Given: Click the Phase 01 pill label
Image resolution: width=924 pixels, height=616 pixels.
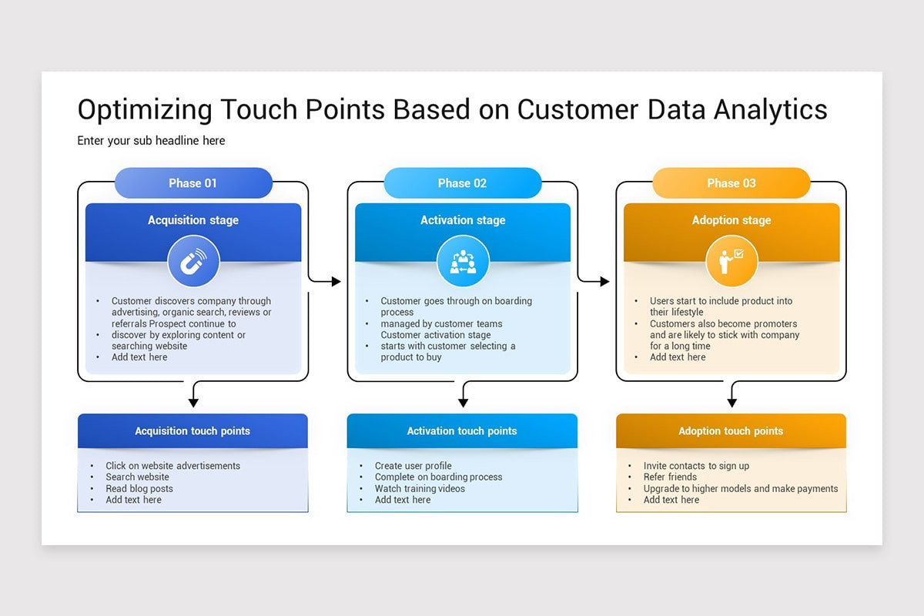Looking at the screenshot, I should click(x=193, y=183).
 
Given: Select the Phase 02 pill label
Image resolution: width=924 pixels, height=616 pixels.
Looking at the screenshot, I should click(x=462, y=183).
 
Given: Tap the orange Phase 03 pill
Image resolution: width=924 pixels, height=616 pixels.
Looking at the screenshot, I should click(x=731, y=183).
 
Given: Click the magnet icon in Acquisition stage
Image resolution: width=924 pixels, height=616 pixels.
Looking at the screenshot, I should click(x=193, y=262).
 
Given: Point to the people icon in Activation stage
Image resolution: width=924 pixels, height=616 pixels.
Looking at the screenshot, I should click(x=463, y=262).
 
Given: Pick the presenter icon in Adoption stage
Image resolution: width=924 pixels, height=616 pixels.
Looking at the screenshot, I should click(x=731, y=262).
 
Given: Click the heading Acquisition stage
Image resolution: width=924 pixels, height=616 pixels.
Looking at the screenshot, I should click(x=193, y=220).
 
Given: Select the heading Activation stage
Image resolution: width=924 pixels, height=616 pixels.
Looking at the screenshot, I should click(x=463, y=220).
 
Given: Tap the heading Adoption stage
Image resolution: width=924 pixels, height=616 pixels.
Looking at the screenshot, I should click(x=731, y=220).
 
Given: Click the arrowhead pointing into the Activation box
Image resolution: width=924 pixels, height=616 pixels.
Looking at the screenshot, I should click(x=336, y=282).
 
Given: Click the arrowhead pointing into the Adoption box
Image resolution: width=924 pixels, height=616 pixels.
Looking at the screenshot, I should click(x=604, y=282).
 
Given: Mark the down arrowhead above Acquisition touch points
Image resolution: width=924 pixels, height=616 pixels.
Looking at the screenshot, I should click(x=193, y=402).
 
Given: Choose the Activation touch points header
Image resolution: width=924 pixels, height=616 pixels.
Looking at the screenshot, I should click(x=462, y=431).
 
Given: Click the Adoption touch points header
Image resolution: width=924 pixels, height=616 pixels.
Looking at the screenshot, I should click(x=731, y=431).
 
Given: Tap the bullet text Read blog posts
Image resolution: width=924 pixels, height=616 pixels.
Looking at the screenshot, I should click(x=139, y=488).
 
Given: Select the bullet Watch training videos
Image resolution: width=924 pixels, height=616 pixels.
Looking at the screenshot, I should click(x=420, y=488).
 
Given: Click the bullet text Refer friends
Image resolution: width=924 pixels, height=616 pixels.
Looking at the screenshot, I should click(x=670, y=477).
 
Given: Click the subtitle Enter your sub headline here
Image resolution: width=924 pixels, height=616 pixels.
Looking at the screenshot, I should click(x=151, y=141).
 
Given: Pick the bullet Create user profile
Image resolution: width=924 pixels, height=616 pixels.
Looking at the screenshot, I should click(x=413, y=466).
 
